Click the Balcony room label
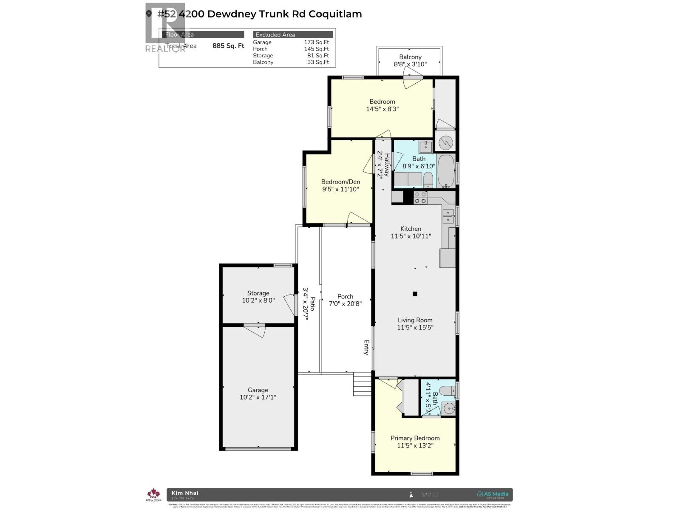pyautogui.click(x=410, y=57)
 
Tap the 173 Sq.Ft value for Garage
pyautogui.click(x=316, y=42)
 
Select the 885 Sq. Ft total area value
pyautogui.click(x=228, y=45)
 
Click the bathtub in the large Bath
pyautogui.click(x=446, y=171)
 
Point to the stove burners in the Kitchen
pyautogui.click(x=420, y=198)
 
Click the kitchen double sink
pyautogui.click(x=448, y=216)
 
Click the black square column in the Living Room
pyautogui.click(x=415, y=294)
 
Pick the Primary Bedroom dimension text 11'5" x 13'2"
pyautogui.click(x=415, y=445)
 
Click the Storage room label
pyautogui.click(x=258, y=293)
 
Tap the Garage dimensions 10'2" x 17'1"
pyautogui.click(x=258, y=397)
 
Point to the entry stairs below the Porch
pyautogui.click(x=363, y=384)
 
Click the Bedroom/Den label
pyautogui.click(x=340, y=181)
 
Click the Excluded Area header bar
pyautogui.click(x=293, y=34)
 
